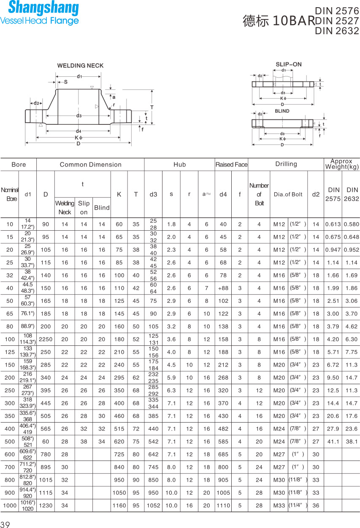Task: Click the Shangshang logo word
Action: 43,8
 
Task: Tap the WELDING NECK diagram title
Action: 80,66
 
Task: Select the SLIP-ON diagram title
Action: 289,64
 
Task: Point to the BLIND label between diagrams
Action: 282,111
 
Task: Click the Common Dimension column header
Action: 90,164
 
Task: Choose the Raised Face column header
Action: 231,164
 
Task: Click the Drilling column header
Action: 286,164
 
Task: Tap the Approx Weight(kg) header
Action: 342,164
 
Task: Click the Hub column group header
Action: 179,164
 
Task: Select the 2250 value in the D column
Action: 46,339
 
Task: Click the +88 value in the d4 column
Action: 223,288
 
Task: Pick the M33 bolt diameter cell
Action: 279,505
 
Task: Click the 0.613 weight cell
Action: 333,224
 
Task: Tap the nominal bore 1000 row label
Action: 10,505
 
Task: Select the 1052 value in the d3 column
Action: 153,505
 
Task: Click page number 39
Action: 5,524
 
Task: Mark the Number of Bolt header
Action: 259,194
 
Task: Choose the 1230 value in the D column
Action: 46,505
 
